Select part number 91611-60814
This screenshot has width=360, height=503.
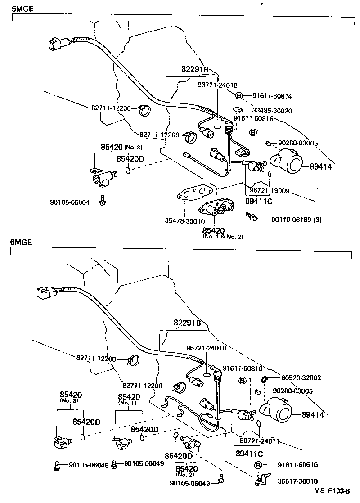tap(271, 96)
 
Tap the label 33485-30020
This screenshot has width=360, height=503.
tap(271, 111)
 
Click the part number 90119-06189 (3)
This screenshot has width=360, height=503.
tap(296, 219)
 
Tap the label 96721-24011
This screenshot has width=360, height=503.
tap(260, 441)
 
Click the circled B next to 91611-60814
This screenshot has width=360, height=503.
tap(239, 95)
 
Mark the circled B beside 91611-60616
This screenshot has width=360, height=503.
tap(258, 465)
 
